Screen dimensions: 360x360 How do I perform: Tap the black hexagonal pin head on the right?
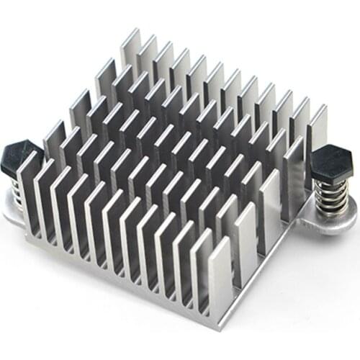(333, 160)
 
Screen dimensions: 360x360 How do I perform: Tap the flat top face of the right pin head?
(333, 153)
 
